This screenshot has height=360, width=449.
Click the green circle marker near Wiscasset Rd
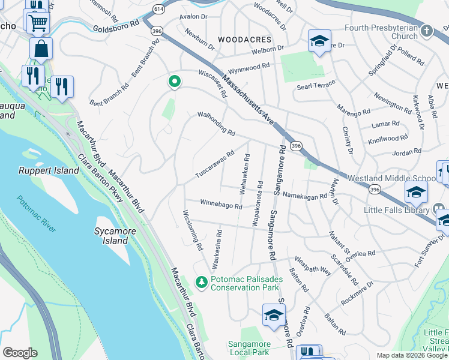tap(175, 82)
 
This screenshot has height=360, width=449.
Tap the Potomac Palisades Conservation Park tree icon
tap(202, 282)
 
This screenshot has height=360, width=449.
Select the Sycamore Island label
tap(112, 236)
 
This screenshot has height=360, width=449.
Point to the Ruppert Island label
tap(49, 170)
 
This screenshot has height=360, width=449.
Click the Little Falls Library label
tap(397, 209)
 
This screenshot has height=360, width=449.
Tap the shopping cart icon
tap(38, 23)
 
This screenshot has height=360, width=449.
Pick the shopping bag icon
tap(41, 48)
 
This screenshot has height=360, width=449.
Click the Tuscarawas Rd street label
tap(214, 164)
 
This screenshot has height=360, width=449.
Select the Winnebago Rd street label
tap(221, 205)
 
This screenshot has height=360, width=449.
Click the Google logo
tap(20, 353)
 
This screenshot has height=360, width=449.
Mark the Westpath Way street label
tap(313, 266)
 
